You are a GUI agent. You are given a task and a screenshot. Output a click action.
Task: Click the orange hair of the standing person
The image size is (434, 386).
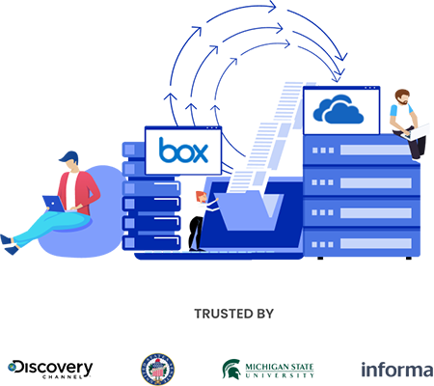click(197, 189)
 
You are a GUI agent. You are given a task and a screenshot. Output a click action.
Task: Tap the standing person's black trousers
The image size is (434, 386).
click(194, 232)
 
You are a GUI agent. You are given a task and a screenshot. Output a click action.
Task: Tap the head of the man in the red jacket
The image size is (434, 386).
click(69, 166)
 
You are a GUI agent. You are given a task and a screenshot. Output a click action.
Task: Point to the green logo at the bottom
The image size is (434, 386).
click(257, 369)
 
